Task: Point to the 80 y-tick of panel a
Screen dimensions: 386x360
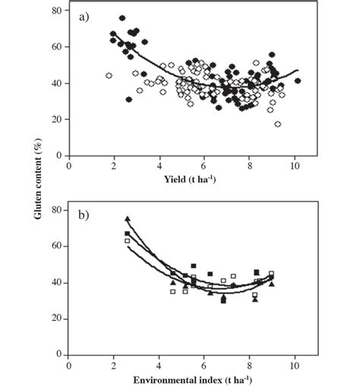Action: pos(55,11)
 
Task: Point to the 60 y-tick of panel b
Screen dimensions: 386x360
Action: pos(55,247)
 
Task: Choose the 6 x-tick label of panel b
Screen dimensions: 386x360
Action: pos(204,365)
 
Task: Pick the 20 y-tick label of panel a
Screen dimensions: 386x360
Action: pos(55,119)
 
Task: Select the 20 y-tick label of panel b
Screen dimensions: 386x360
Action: pos(55,318)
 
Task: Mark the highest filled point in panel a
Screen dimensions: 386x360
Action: pos(122,18)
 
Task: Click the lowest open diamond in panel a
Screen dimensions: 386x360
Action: pos(278,124)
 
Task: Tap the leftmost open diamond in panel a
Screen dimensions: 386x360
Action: pos(109,76)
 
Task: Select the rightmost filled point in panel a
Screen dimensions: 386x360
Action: pos(298,81)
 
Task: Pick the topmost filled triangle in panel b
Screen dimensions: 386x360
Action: pos(128,219)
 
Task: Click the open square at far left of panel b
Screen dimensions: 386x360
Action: pos(128,241)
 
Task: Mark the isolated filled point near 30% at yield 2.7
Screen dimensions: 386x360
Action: pos(129,100)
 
